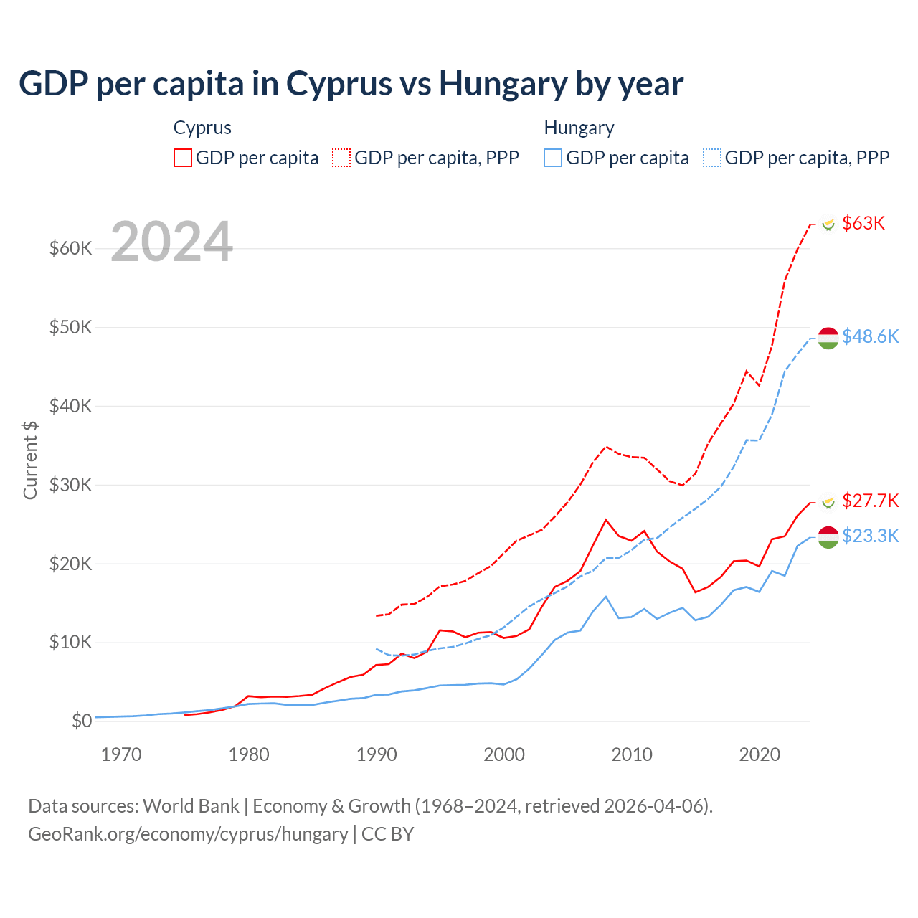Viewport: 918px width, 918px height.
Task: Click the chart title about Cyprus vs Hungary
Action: pyautogui.click(x=351, y=84)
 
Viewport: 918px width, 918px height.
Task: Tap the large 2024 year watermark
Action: pyautogui.click(x=172, y=242)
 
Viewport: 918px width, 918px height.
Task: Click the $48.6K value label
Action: pyautogui.click(x=870, y=336)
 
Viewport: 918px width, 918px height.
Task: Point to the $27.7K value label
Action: pyautogui.click(x=870, y=501)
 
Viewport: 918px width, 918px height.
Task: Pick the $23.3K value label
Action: pyautogui.click(x=870, y=536)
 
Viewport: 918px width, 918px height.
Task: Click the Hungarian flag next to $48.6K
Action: pyautogui.click(x=828, y=338)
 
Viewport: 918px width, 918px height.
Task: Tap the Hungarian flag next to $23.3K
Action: pyautogui.click(x=828, y=537)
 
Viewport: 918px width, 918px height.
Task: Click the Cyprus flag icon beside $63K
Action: pyautogui.click(x=828, y=224)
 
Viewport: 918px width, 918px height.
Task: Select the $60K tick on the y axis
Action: pyautogui.click(x=70, y=249)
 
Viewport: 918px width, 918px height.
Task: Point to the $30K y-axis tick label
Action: pyautogui.click(x=70, y=485)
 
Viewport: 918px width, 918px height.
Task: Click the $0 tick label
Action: pyautogui.click(x=82, y=721)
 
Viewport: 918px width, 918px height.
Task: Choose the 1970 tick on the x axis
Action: pyautogui.click(x=121, y=754)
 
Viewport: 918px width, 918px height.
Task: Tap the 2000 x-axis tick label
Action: pyautogui.click(x=504, y=754)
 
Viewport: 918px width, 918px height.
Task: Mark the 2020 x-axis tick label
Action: pyautogui.click(x=760, y=754)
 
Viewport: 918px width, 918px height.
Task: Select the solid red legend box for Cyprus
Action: pyautogui.click(x=183, y=158)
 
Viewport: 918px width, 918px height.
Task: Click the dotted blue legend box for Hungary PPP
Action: pyautogui.click(x=712, y=158)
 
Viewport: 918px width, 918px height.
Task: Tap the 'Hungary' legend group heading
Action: pyautogui.click(x=579, y=128)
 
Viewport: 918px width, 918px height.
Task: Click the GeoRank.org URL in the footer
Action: pyautogui.click(x=188, y=834)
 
